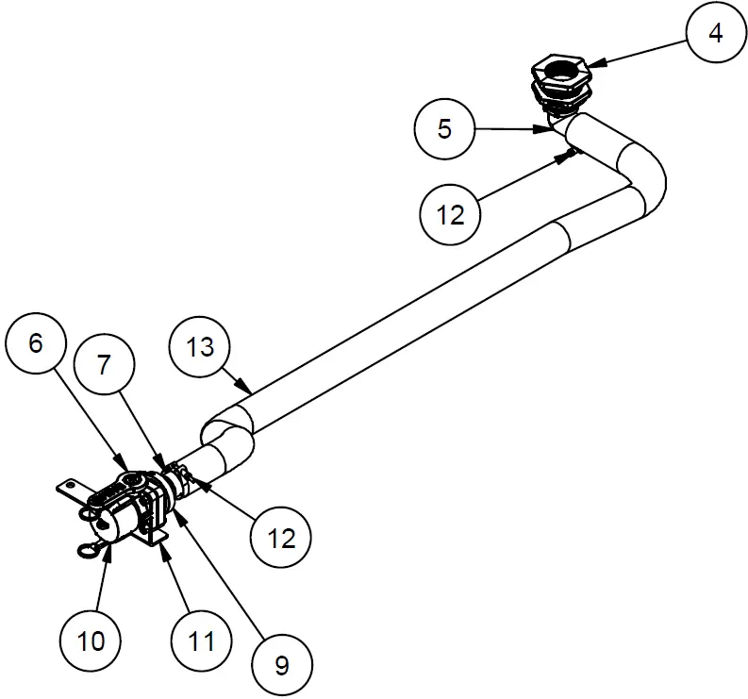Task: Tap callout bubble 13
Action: pos(200,347)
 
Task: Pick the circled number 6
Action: pos(36,342)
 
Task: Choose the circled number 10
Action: pos(91,641)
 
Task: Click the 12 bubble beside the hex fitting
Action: pos(451,214)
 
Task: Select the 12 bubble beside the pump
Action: pos(281,539)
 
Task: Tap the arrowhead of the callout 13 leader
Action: pos(249,391)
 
